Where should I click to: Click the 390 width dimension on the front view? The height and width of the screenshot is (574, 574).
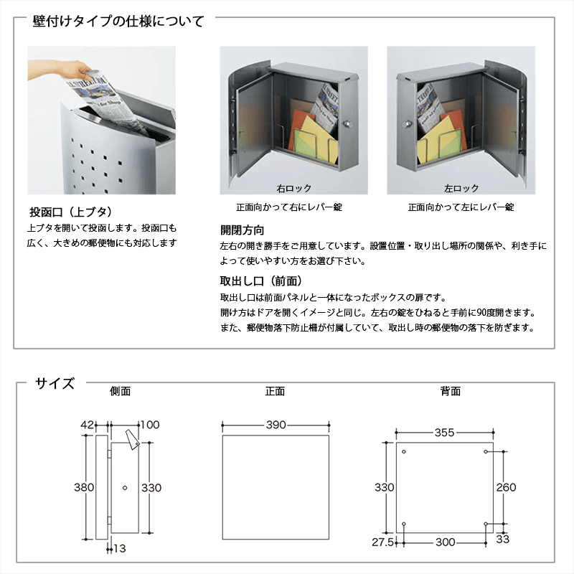(276, 425)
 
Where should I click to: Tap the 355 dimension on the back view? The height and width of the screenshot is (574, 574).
(444, 433)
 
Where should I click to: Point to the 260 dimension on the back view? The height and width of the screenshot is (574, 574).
(507, 487)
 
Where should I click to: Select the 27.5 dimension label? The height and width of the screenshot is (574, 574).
(382, 542)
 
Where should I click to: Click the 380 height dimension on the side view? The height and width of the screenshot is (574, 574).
(84, 487)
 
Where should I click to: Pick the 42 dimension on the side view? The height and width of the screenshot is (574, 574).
(87, 425)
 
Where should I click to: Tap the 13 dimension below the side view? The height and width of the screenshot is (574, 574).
(119, 548)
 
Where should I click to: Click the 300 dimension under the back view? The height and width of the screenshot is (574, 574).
(445, 542)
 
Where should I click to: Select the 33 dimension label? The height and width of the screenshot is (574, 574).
(503, 539)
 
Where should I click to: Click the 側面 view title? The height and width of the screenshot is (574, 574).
(120, 391)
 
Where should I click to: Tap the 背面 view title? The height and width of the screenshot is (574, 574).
(451, 391)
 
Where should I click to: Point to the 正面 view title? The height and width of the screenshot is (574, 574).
(275, 391)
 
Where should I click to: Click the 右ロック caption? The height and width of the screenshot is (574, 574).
(294, 189)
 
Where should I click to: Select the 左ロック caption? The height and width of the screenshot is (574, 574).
(461, 189)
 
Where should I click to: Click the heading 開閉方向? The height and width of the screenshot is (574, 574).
(242, 230)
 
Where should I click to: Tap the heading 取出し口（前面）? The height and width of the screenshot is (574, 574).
(261, 281)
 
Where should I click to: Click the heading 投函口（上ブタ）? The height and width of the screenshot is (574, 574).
(71, 212)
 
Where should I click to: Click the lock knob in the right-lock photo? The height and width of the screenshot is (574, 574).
(348, 124)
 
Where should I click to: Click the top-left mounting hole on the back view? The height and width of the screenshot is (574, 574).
(404, 452)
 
